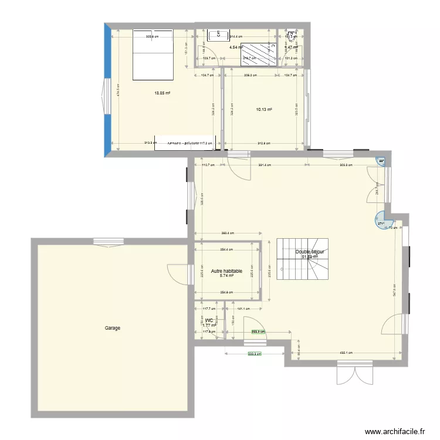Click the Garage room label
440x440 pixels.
113,328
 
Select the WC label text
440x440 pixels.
209,321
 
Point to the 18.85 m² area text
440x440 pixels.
162,93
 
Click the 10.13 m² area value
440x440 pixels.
264,109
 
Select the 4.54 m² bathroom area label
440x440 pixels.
236,47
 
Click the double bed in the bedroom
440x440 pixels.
153,53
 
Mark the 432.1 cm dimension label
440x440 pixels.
346,353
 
